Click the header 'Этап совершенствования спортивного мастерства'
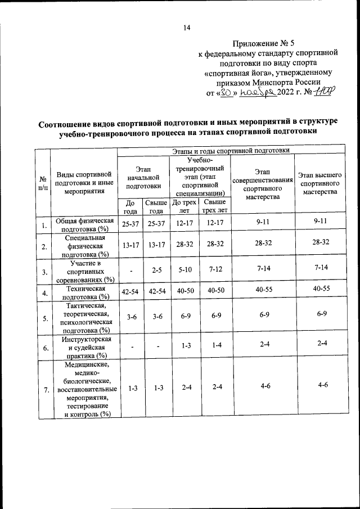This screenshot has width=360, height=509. coord(262,184)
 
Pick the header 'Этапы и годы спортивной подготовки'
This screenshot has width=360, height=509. coord(231,151)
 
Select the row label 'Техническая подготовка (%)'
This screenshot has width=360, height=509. coord(83,292)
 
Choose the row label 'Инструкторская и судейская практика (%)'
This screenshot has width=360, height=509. coord(83,347)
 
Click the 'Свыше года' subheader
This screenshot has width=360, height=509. coord(156,206)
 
